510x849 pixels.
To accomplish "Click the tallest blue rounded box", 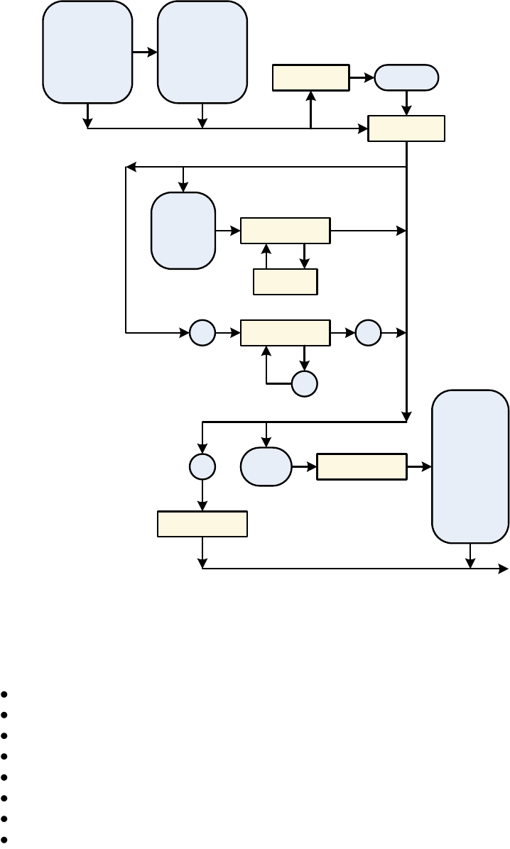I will tap(470, 466).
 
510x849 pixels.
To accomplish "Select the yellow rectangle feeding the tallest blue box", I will tap(362, 466).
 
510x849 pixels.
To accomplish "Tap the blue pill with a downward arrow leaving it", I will tap(406, 77).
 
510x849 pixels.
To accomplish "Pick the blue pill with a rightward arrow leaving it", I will tap(266, 466).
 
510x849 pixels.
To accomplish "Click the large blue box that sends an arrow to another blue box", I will tap(87, 52).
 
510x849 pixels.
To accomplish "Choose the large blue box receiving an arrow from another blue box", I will tap(202, 52).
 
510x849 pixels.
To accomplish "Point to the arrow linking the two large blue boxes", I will tap(145, 52).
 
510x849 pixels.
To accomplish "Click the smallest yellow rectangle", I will tap(286, 282).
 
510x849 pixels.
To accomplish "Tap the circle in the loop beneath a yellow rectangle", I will tap(304, 383).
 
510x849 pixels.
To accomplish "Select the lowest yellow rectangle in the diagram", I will tap(202, 524).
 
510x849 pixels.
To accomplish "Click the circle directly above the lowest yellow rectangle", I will tap(202, 466).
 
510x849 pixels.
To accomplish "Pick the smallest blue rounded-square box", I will tap(183, 231).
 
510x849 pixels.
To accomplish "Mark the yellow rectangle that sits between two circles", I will tap(286, 333).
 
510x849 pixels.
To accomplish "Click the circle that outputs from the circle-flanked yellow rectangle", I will tap(368, 333).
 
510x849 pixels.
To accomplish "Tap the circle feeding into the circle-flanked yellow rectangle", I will tap(202, 333).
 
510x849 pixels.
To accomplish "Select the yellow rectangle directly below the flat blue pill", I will tap(406, 128).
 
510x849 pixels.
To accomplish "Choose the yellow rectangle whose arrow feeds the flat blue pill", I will tap(311, 77).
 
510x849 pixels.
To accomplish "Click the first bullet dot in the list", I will tap(5, 694).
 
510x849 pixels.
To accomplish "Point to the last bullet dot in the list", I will tap(5, 839).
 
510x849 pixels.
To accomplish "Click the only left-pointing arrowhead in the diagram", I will tap(130, 168).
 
